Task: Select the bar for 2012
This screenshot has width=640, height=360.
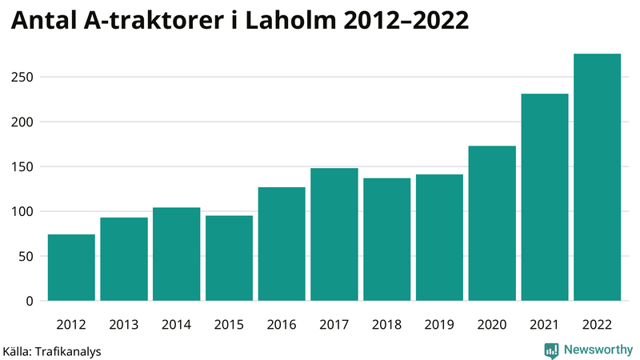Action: click(71, 267)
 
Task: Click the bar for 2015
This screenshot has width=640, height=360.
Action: click(229, 258)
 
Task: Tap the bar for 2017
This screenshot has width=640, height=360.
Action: click(334, 234)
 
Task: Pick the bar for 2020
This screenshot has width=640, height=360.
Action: click(492, 223)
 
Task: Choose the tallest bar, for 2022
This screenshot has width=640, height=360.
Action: click(597, 177)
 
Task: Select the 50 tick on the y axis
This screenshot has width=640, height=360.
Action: click(28, 257)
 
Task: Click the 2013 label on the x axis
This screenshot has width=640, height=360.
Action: click(124, 325)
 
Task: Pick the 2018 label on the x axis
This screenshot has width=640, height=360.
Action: click(386, 325)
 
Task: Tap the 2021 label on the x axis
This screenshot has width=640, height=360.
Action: click(544, 325)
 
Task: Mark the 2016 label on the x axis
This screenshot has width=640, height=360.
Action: click(282, 325)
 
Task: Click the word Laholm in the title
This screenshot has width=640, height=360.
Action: click(299, 22)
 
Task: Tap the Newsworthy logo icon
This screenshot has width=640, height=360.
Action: click(551, 350)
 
